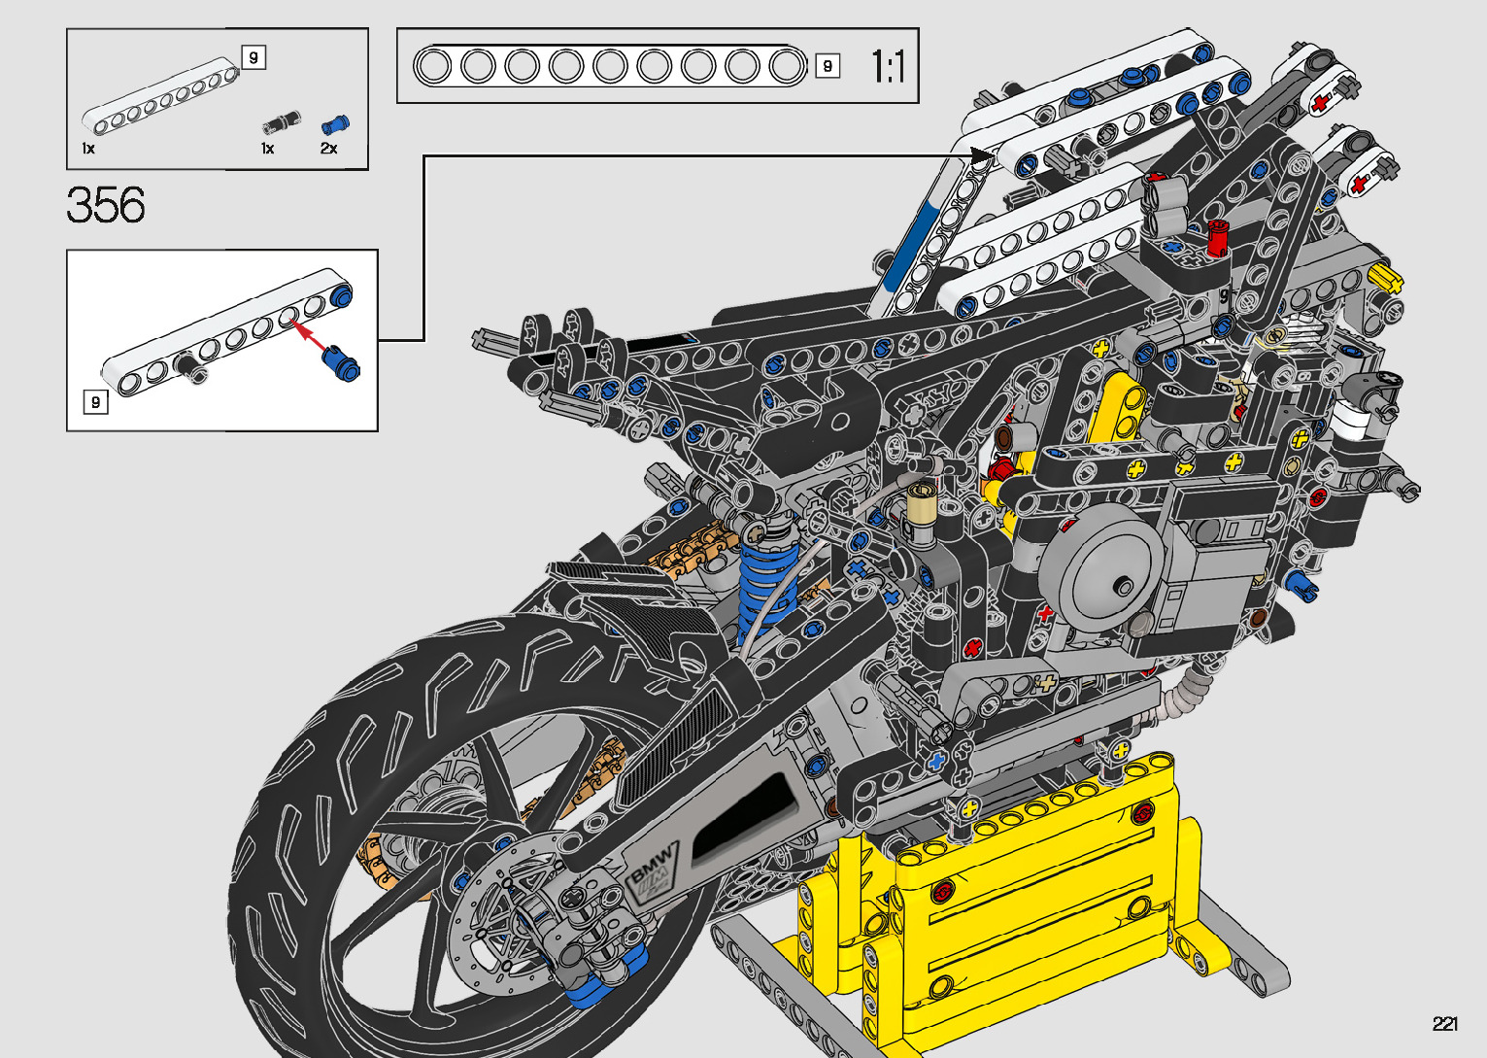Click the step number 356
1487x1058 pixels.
(106, 204)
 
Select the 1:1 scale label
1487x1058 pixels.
(888, 66)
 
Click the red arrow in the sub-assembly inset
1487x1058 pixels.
(309, 336)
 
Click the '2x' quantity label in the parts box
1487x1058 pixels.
(328, 149)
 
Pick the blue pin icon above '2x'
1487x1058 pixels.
(335, 124)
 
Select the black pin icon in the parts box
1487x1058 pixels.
(282, 122)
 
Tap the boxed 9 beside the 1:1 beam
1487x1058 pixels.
(828, 66)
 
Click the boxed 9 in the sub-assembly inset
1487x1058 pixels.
(95, 402)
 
